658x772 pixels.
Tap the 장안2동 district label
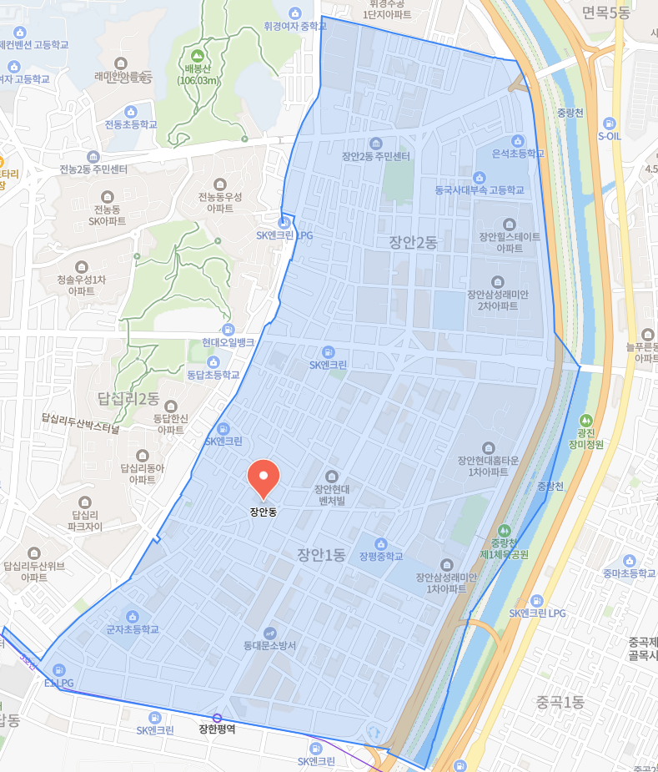(413, 242)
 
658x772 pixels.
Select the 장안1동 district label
(321, 554)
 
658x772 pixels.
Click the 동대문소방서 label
(270, 645)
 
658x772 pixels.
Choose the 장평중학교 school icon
(381, 543)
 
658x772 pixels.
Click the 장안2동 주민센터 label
(376, 156)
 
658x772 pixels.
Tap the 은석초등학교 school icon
(518, 140)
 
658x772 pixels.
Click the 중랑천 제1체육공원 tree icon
(504, 530)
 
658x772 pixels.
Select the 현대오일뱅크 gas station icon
(228, 330)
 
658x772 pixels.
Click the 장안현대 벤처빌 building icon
(331, 476)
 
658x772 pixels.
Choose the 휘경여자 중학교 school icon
(294, 13)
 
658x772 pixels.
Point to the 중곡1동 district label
(560, 702)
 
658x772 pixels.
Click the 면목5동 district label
(606, 13)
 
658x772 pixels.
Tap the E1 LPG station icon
(58, 669)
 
